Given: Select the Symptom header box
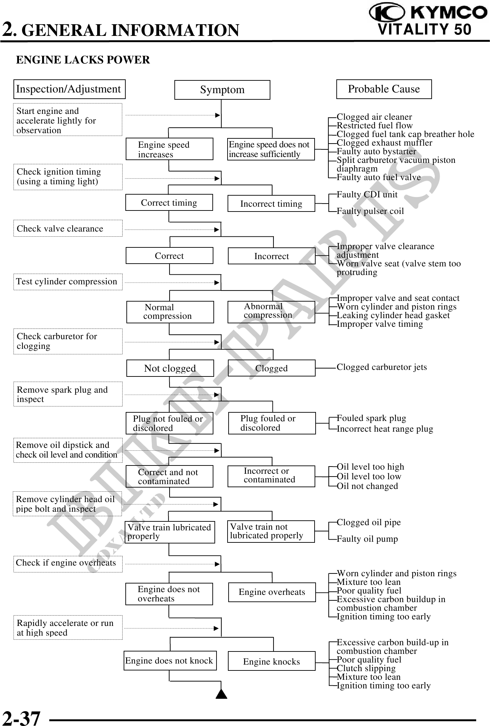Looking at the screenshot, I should point(222,90).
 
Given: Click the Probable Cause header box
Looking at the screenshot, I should point(384,89).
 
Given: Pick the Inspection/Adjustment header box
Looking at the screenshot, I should point(69,89).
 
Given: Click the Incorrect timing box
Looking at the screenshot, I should point(271,204).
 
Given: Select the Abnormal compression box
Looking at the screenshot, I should point(271,312).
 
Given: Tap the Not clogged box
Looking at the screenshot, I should point(170,368).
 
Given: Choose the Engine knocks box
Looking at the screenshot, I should point(271,661).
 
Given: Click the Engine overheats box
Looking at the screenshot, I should point(272,592).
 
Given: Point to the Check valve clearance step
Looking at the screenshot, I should point(68,228).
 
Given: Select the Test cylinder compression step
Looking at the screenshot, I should point(68,282).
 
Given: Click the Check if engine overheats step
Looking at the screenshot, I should point(68,563).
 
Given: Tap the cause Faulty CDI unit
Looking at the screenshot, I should point(367,195).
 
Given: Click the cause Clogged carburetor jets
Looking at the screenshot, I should point(382,367).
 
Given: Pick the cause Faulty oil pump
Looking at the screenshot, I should point(367,539).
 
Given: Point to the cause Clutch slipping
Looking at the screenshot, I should point(366,668).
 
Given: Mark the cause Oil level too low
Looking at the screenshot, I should point(369,477).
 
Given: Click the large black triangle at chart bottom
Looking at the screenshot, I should point(221,694).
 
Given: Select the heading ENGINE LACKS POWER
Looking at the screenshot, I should point(83,60).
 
